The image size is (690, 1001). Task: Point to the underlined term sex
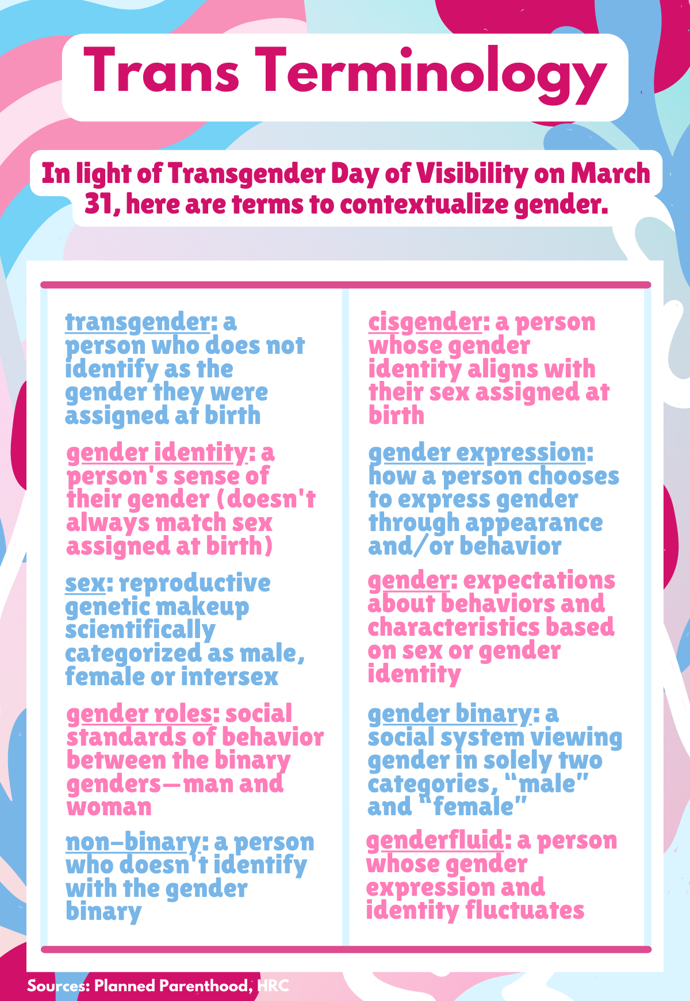tap(85, 583)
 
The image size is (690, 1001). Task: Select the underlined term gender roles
tap(139, 715)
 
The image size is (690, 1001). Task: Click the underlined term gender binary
tap(450, 715)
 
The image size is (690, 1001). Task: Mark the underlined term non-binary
tap(133, 843)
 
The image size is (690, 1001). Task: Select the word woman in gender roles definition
tap(109, 808)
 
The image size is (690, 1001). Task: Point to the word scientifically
tap(140, 631)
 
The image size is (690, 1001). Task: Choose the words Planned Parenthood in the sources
tap(173, 986)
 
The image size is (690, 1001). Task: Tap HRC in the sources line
tap(273, 986)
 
